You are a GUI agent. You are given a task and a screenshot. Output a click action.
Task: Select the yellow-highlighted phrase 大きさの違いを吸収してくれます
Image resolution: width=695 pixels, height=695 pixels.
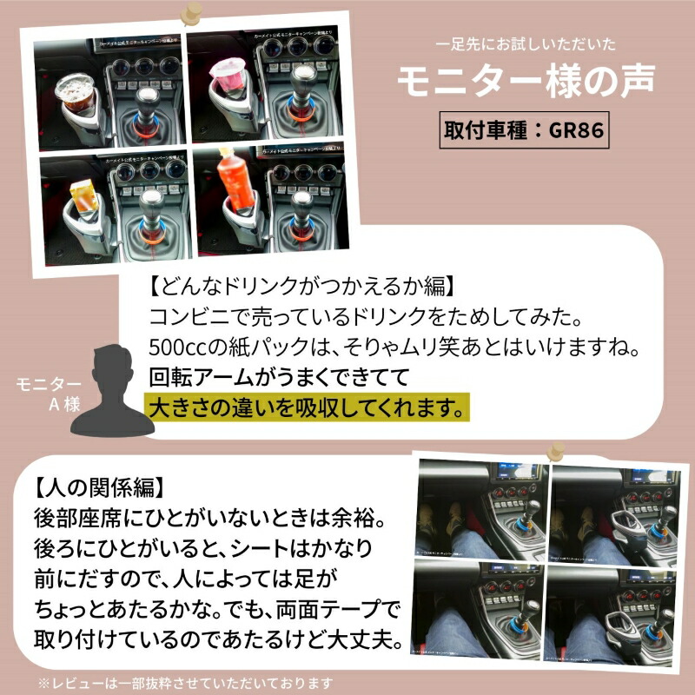(x=304, y=406)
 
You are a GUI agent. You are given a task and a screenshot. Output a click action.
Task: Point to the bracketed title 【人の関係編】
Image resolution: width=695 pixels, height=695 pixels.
(x=97, y=483)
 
